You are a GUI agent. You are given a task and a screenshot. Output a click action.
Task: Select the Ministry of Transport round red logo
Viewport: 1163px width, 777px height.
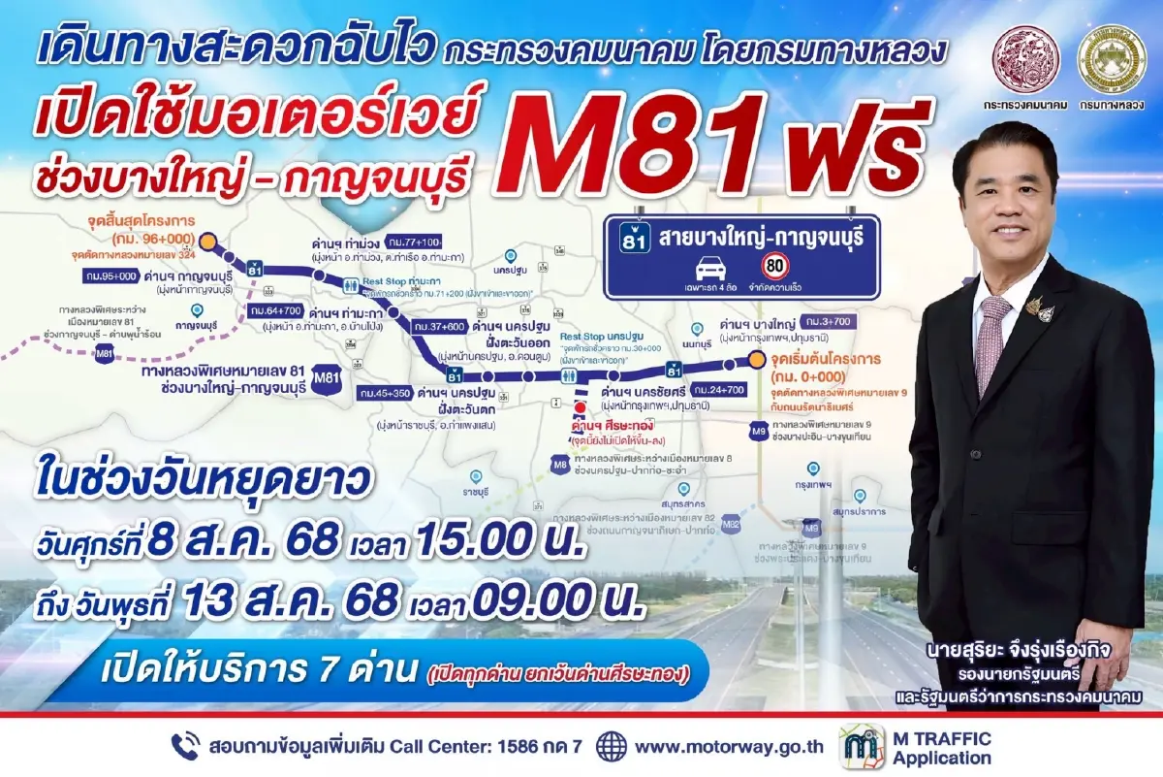(1029, 59)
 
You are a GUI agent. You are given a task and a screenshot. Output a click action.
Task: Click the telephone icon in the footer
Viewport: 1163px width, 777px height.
(185, 746)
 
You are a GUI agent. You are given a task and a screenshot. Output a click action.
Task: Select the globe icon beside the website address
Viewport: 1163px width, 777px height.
(612, 746)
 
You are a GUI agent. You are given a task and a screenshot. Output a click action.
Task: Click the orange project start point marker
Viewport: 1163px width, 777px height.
(755, 362)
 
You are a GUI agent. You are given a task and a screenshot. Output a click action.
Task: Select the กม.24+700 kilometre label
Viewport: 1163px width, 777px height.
(718, 389)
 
